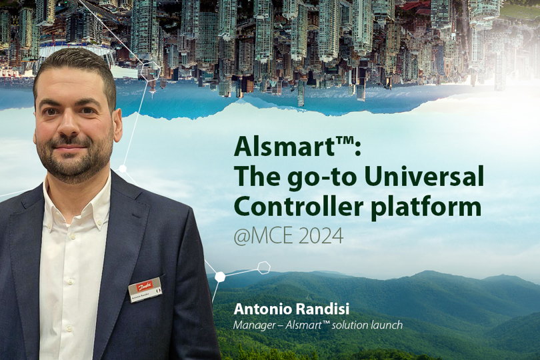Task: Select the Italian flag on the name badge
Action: point(158,291)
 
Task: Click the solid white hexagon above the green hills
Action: point(220,276)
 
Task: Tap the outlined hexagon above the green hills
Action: point(264,267)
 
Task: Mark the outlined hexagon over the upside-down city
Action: point(151,71)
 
